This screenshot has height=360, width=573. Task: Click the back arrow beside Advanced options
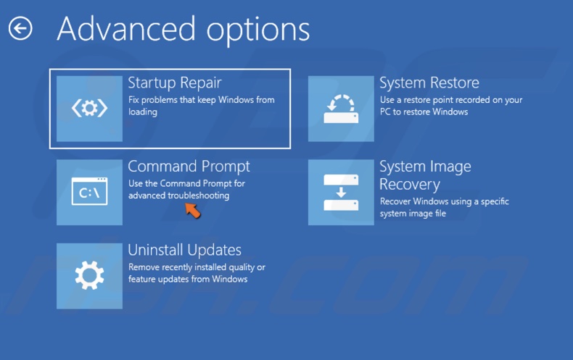coord(20,29)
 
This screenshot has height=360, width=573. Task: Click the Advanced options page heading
coord(183,29)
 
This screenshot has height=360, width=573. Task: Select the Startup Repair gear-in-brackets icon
coord(89,109)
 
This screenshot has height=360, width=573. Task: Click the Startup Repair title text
coord(175,82)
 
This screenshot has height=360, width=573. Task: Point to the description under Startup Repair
coord(201,106)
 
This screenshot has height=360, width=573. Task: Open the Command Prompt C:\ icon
coord(89,193)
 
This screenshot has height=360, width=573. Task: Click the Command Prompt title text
coord(189,167)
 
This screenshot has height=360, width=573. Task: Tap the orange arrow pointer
coord(192,210)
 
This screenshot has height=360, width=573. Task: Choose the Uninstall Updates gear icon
coord(89,276)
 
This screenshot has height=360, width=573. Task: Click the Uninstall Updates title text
coord(184,250)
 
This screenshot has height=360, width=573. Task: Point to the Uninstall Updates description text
coord(196,273)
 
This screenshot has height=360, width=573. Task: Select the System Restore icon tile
coord(341,109)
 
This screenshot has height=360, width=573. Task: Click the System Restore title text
coord(429,83)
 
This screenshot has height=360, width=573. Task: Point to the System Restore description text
coord(450,106)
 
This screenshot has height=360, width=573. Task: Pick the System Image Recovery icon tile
coord(341,193)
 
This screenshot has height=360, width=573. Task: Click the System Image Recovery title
coord(425,175)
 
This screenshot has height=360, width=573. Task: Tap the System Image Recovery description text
coord(445,207)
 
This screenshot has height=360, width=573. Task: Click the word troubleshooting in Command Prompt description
coord(198,196)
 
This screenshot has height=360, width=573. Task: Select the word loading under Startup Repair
coord(142,112)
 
